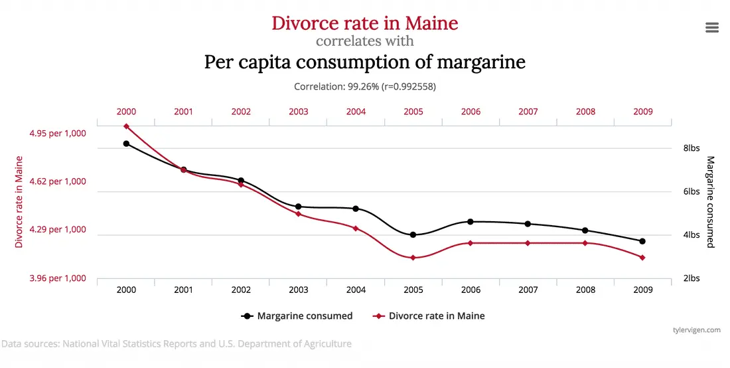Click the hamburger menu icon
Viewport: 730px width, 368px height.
point(712,27)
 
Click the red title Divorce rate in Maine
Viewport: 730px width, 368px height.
point(364,23)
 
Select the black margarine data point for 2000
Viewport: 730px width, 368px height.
point(126,143)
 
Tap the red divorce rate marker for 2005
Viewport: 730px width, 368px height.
point(413,258)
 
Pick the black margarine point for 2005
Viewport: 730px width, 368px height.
point(413,234)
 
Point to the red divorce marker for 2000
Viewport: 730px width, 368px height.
point(126,126)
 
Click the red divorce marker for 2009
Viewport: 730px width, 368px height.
point(642,258)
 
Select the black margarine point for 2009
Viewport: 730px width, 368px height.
point(642,241)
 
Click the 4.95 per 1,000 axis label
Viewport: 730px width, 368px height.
point(58,134)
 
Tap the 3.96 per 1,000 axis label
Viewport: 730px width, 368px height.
point(58,278)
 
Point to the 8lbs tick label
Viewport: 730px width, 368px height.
point(692,148)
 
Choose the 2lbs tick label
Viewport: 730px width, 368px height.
point(692,278)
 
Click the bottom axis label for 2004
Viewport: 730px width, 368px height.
point(356,290)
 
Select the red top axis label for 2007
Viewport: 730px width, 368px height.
point(528,112)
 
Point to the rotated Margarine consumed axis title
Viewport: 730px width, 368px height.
point(710,202)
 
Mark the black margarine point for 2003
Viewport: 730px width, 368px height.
point(298,207)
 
